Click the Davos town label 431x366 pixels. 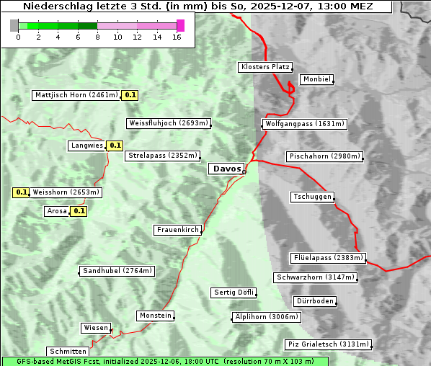226,169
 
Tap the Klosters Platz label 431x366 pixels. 265,67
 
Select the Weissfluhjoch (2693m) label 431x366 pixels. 169,123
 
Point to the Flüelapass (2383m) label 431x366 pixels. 328,258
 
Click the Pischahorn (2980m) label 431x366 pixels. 324,156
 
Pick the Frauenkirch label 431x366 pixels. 177,230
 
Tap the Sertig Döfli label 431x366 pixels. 234,293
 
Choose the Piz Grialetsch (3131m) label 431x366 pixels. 328,344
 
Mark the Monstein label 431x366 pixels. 155,316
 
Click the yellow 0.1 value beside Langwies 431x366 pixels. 115,146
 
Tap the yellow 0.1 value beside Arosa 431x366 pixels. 79,211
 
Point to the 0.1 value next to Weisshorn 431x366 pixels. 22,192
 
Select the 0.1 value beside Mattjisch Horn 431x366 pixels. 130,95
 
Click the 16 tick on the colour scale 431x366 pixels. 177,37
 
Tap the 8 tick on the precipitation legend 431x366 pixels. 97,37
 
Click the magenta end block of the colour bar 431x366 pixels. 180,25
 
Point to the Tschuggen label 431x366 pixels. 313,197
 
